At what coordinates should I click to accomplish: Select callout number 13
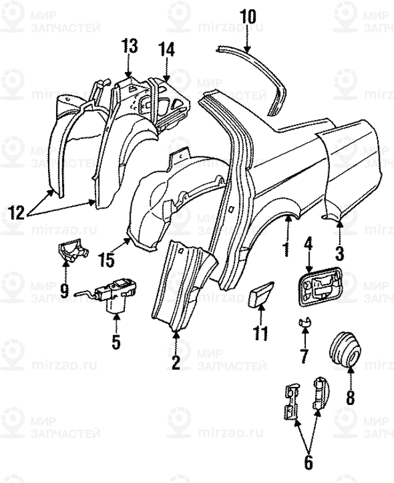129,46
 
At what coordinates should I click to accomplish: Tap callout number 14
167,49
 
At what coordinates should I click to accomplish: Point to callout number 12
17,213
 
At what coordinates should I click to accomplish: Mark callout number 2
175,362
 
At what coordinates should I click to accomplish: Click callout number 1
285,250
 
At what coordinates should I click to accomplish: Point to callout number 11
261,333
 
